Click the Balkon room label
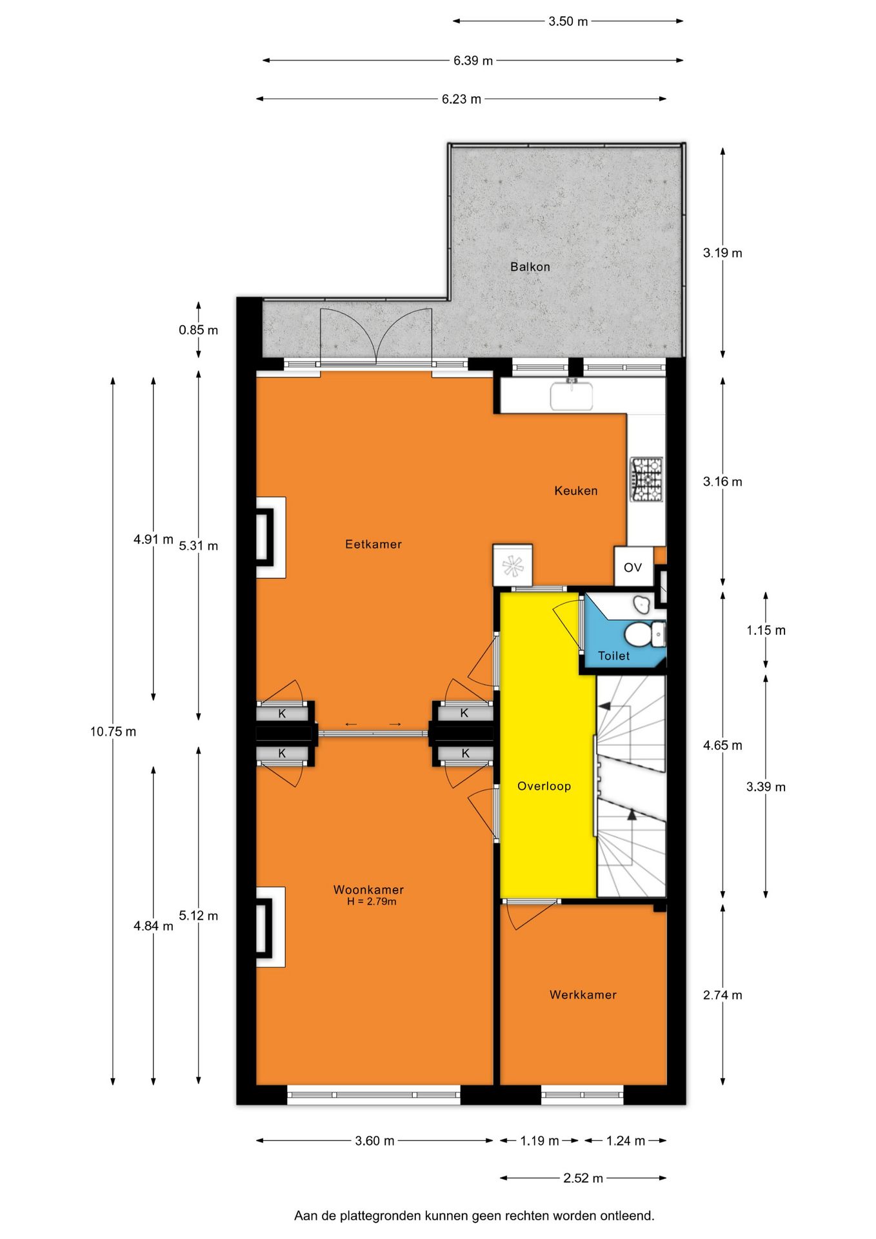[530, 267]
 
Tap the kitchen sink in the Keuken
[571, 395]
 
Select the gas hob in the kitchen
[646, 479]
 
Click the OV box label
[632, 567]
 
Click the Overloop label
[544, 786]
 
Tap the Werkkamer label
[583, 994]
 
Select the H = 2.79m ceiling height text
[372, 902]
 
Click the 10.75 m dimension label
[113, 732]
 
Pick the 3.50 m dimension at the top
[568, 21]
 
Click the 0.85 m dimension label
[198, 330]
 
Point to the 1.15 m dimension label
[766, 630]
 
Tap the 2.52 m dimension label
[583, 1178]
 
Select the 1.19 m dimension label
[539, 1141]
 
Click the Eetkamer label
[373, 544]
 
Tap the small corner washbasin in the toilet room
[641, 604]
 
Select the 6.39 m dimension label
[473, 61]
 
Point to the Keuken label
[576, 490]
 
